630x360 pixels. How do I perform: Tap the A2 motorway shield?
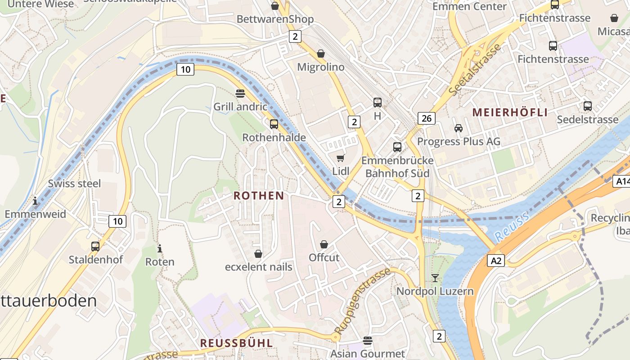pos(495,261)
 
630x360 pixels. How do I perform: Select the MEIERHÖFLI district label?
pos(510,112)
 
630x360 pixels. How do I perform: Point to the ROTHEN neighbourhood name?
pos(259,196)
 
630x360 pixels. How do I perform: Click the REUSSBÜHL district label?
pos(236,343)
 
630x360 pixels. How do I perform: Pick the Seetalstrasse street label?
pos(475,69)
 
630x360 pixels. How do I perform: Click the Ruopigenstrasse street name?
pos(362,301)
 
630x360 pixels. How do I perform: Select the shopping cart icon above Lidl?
pos(341,158)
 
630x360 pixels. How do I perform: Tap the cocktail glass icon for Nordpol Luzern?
pos(435,278)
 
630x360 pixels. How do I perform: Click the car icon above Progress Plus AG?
pos(458,128)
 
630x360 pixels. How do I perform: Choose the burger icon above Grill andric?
pos(240,93)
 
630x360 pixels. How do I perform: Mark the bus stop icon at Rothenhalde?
pos(274,124)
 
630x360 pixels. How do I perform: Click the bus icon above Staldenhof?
pos(95,246)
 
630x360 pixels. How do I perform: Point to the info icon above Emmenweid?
pos(35,201)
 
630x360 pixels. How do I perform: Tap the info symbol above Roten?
pos(159,248)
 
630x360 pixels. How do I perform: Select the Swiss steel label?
pos(74,184)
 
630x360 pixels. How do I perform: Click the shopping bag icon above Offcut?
pos(324,244)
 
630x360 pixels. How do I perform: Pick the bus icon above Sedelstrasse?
pos(587,106)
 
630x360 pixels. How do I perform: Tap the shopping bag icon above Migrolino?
pos(320,54)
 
